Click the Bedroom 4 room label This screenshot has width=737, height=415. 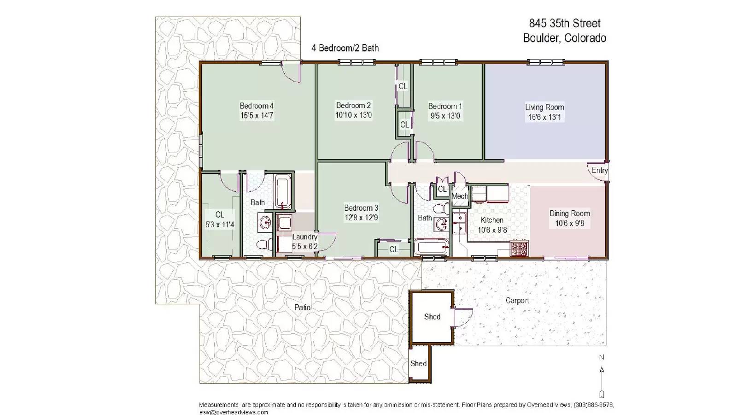coord(257,106)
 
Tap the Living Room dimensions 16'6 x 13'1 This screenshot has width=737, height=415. coord(544,117)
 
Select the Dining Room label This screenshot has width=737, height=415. coord(569,213)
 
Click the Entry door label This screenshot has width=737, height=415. coord(599,170)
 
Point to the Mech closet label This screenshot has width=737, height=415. coord(459,196)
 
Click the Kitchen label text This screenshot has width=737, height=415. coord(492,220)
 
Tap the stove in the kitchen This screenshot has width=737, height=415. coord(519,249)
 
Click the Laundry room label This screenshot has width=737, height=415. coord(304,237)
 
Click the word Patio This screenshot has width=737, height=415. coord(302,307)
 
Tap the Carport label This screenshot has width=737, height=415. coord(517,301)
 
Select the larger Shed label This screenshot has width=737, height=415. coord(432,317)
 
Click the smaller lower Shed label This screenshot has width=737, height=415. coord(418,363)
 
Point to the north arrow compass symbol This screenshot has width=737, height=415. coord(601,376)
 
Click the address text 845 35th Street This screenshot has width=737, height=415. coord(565,23)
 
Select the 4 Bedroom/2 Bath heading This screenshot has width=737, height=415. coord(345,48)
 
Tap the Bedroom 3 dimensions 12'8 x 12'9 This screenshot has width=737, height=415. coord(361,218)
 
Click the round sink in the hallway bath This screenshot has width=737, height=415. coord(442,225)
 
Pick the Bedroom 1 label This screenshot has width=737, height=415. coord(445,106)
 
